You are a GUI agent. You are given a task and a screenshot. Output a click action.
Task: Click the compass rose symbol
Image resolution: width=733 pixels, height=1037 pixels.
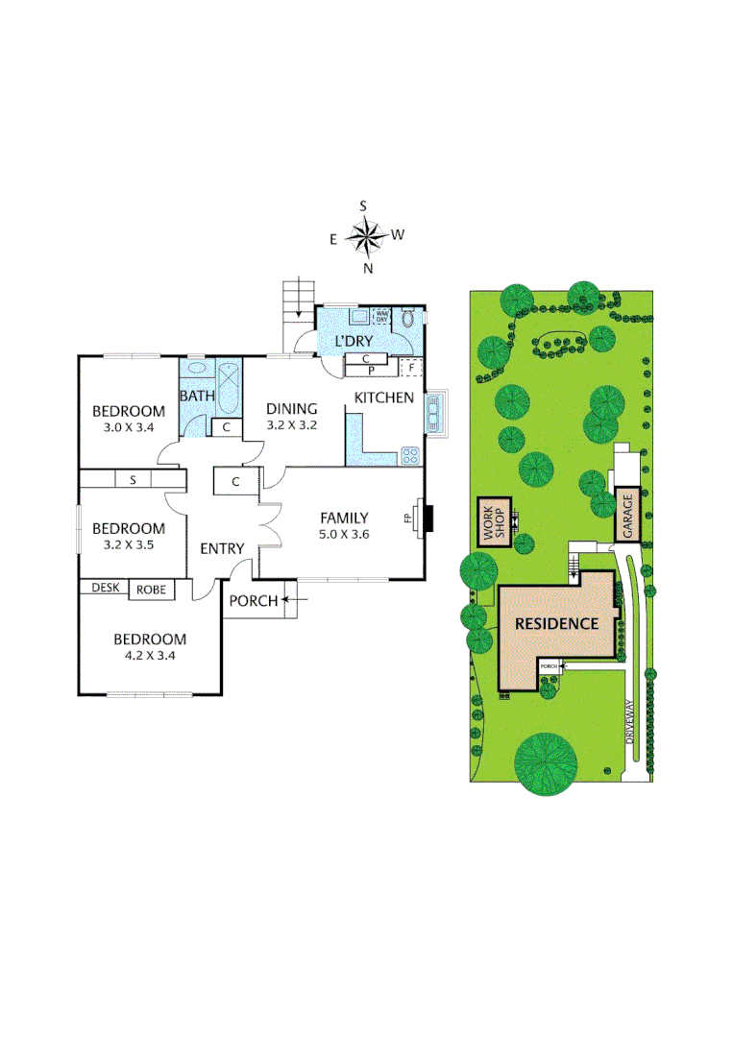(365, 235)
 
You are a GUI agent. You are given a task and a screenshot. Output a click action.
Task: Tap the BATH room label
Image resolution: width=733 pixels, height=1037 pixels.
(196, 396)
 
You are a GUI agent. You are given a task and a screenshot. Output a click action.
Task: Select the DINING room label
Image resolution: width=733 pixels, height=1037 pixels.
(291, 408)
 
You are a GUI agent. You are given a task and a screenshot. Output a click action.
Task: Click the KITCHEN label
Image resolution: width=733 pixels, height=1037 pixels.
(384, 398)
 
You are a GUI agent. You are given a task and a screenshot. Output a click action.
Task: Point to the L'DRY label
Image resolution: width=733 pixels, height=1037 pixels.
(353, 342)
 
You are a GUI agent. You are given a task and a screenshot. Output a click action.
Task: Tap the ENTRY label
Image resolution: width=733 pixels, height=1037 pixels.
(222, 548)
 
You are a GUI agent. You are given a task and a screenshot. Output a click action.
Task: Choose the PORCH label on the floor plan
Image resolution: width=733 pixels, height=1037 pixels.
(253, 601)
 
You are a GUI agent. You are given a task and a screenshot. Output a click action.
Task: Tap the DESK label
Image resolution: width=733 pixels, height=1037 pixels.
(105, 588)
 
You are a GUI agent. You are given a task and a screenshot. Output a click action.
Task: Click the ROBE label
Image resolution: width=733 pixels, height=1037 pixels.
(152, 590)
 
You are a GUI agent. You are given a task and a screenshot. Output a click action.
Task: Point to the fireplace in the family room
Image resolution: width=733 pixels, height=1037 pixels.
(426, 518)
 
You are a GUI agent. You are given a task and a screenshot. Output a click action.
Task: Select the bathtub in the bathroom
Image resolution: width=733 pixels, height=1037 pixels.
(230, 388)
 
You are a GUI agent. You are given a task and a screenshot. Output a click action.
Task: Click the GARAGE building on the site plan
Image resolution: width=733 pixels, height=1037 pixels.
(627, 515)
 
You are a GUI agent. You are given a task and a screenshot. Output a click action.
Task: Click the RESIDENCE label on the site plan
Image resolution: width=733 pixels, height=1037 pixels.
(556, 623)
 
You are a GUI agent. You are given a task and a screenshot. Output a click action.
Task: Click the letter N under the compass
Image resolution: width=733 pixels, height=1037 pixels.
(367, 269)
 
